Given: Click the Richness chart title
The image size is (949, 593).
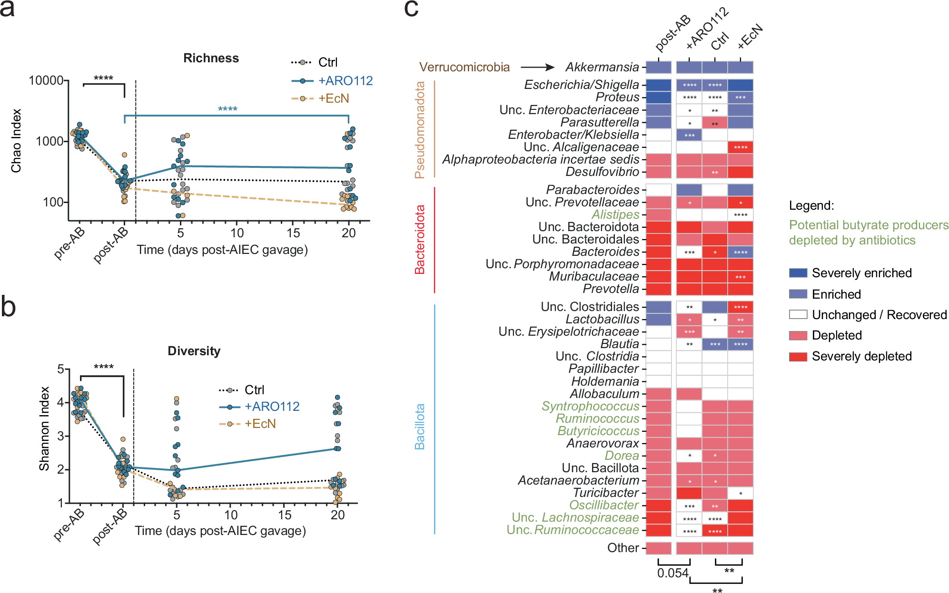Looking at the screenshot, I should pos(211,58).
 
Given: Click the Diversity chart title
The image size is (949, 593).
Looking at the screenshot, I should pos(194,351).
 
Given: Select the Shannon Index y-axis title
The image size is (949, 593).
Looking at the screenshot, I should pos(44,428).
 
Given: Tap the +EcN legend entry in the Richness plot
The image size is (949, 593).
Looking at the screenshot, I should pos(333,98).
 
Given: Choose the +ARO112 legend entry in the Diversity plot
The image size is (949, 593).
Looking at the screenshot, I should pos(271,407).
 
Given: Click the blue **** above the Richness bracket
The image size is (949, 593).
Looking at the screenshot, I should pos(227,109).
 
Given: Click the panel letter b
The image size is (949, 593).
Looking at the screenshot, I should pos(8,307).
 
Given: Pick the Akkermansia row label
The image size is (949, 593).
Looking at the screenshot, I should pos(602,67).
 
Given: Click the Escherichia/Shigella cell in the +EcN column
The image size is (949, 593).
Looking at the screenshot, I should pos(740,85).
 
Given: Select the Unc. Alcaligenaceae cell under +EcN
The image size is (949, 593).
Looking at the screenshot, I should pos(740,147).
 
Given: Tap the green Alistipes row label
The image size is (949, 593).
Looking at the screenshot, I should pos(615,214).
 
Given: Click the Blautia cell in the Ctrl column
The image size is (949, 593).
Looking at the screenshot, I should pos(715,344).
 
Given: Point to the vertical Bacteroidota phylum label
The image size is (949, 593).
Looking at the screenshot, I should pos(419,240).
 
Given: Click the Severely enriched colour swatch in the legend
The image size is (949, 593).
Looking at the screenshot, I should pos(798,273).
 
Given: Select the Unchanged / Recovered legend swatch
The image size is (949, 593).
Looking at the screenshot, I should pos(798,314).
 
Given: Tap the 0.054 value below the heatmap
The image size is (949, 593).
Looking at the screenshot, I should pos(672,573).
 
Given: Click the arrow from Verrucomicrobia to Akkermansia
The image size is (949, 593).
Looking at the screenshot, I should pos(537,68).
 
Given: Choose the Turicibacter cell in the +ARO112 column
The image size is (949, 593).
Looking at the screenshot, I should pos(689,493).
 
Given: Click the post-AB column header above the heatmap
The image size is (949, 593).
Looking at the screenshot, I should pos(672,33).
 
